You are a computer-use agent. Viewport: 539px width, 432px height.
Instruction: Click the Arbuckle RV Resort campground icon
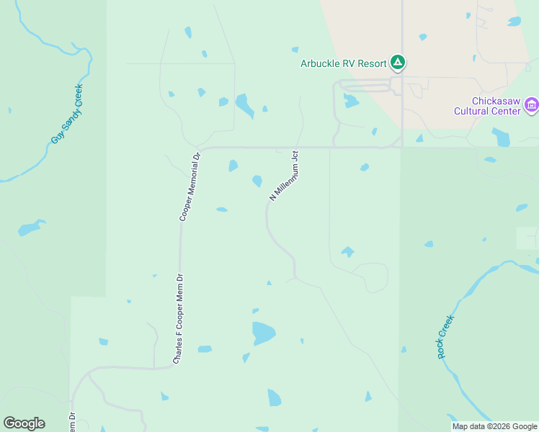[x=397, y=63]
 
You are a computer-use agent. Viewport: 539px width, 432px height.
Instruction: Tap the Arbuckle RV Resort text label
[x=343, y=63]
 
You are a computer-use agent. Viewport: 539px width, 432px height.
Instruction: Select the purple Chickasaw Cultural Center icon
[x=532, y=106]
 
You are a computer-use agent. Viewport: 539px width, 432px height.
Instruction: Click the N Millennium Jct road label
[x=284, y=175]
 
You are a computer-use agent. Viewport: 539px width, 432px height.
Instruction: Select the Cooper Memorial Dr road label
[x=189, y=186]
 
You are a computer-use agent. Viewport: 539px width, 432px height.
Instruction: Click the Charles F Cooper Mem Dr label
[x=178, y=317]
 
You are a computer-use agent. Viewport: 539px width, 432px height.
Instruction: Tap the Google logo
[x=24, y=423]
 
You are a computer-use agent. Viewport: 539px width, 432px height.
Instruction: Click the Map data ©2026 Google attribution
[x=494, y=426]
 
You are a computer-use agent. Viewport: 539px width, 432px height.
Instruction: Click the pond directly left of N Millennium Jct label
[x=257, y=181]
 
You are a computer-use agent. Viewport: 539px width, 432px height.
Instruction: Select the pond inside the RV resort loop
[x=351, y=101]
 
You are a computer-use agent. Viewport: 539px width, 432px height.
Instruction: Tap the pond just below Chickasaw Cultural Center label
[x=501, y=136]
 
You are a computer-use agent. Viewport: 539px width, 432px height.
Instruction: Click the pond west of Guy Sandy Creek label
[x=30, y=228]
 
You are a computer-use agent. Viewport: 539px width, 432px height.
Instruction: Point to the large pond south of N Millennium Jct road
[x=263, y=333]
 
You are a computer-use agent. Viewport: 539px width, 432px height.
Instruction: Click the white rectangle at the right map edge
[x=527, y=238]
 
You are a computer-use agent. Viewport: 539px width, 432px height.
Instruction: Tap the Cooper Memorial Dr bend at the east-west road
[x=202, y=149]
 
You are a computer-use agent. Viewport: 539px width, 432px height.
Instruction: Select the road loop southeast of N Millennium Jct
[x=373, y=277]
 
